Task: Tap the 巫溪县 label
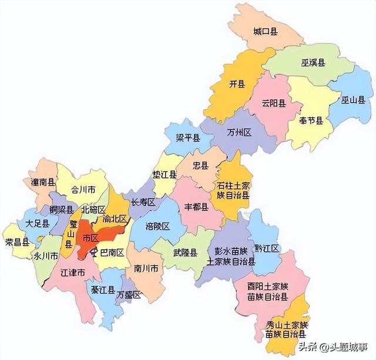point(314,62)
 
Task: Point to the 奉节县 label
point(311,121)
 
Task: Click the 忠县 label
point(201,166)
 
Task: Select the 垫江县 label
point(165,176)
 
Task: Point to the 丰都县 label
point(196,207)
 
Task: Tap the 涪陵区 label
point(157,226)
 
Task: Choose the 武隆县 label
point(185,252)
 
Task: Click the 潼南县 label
point(43,183)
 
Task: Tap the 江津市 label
point(73,273)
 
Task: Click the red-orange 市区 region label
point(90,238)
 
